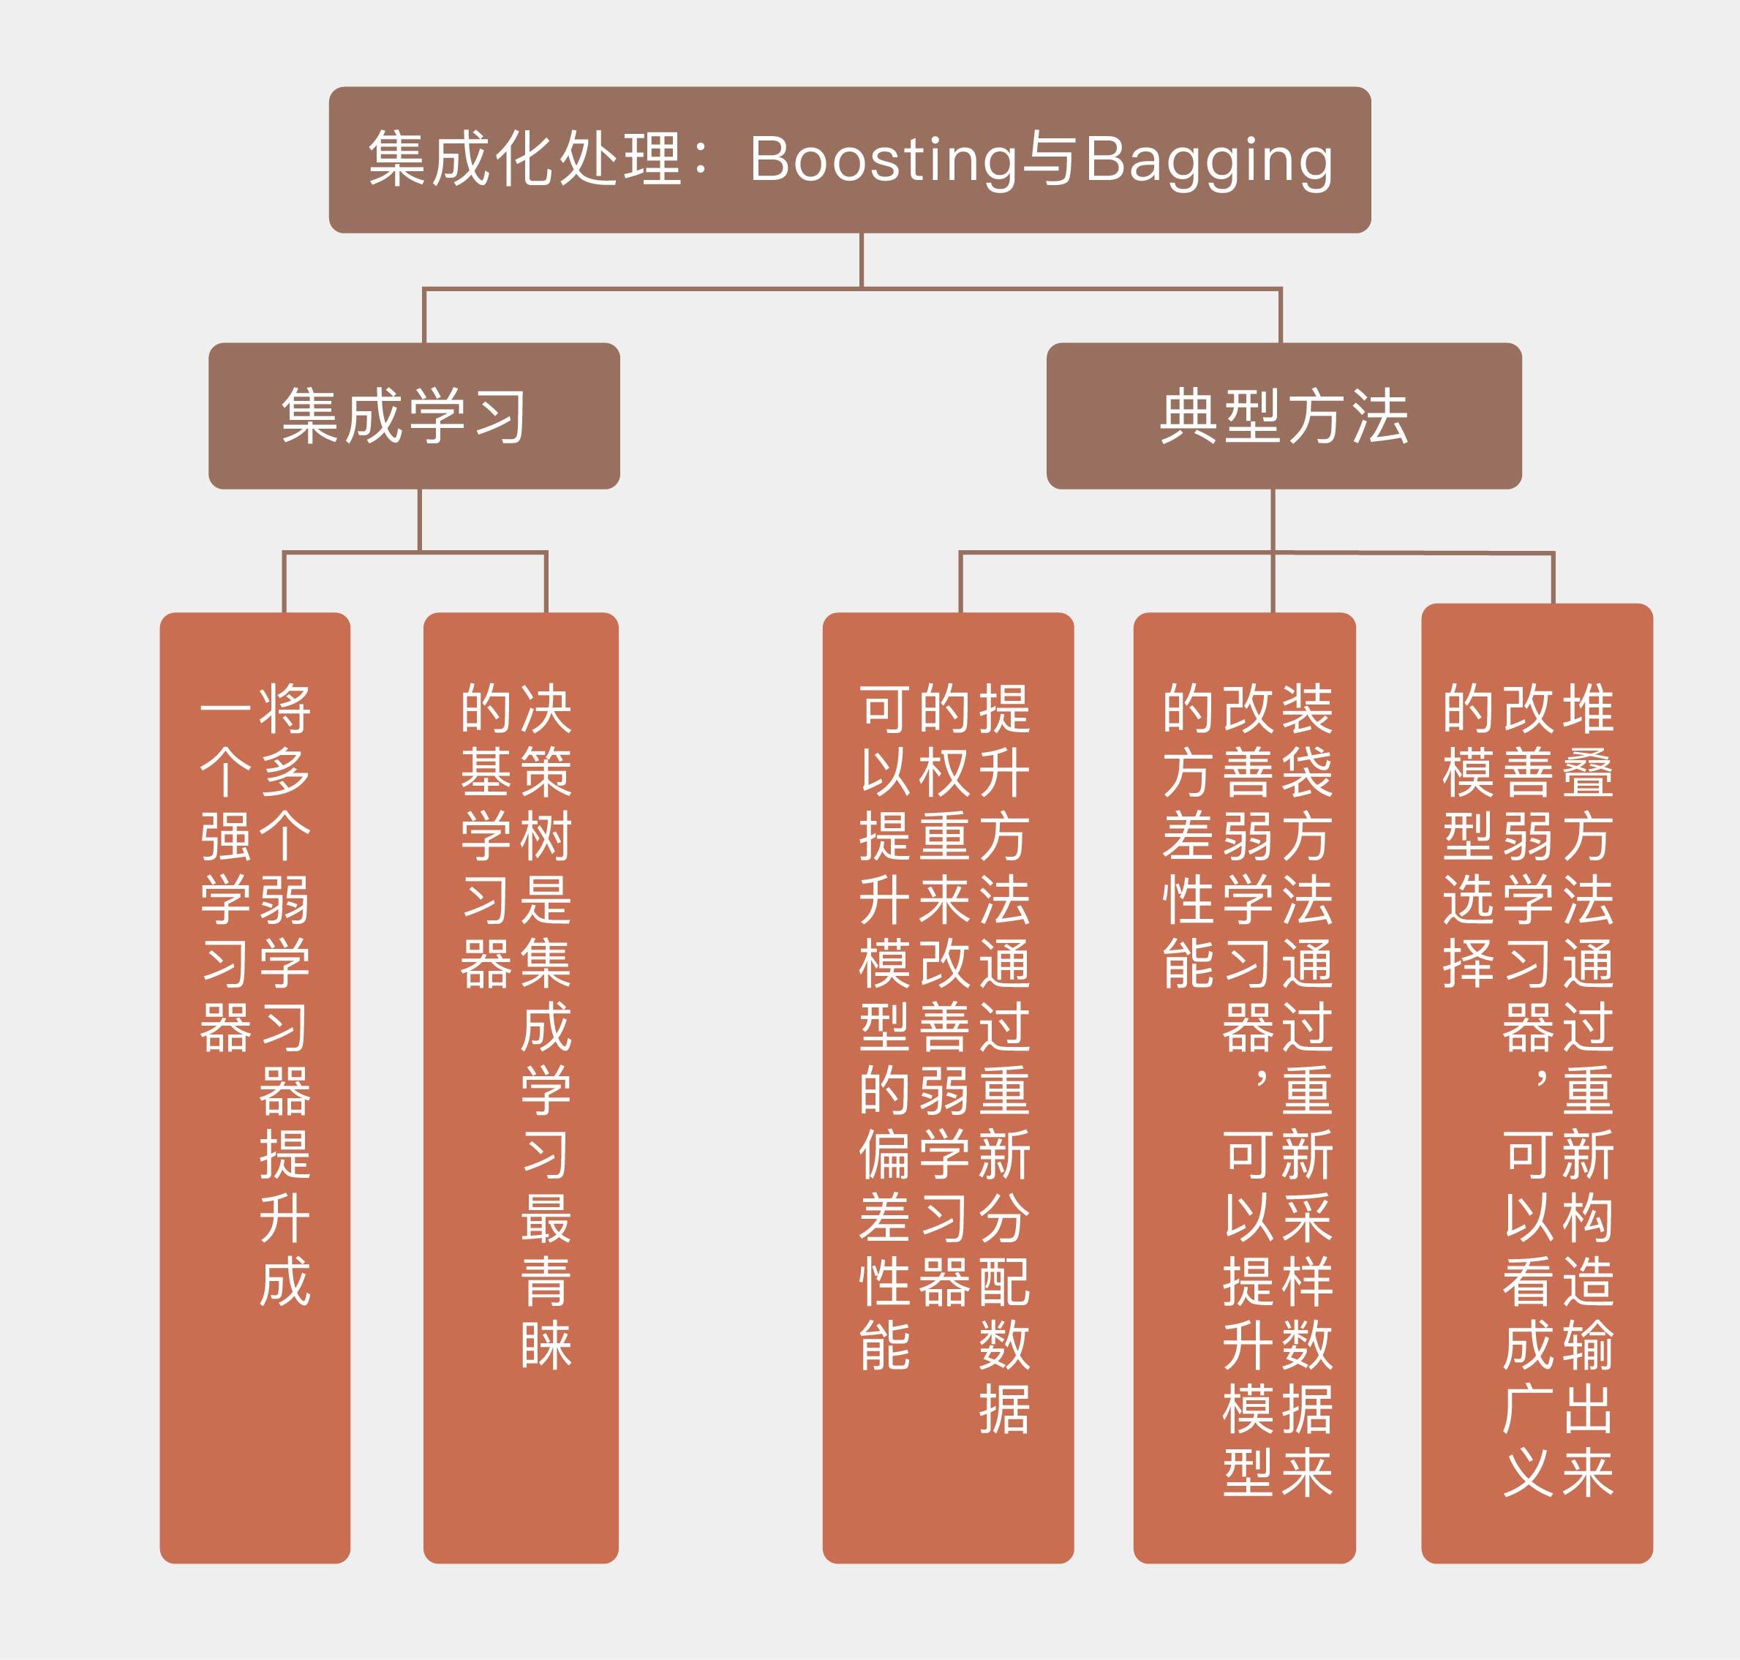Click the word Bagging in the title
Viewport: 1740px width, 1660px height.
pyautogui.click(x=1208, y=160)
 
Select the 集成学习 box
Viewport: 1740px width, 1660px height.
pyautogui.click(x=414, y=416)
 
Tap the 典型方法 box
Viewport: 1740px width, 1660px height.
pyautogui.click(x=1284, y=416)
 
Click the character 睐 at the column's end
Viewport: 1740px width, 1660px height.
pyautogui.click(x=546, y=1346)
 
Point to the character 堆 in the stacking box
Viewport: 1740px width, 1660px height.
pyautogui.click(x=1588, y=709)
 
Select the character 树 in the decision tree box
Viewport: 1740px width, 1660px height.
pyautogui.click(x=546, y=836)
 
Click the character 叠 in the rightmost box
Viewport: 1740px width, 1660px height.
pyautogui.click(x=1588, y=773)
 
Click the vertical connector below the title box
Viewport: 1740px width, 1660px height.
pyautogui.click(x=861, y=260)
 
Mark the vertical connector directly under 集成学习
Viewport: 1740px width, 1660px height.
pyautogui.click(x=419, y=520)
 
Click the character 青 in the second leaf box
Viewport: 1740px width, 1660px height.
pyautogui.click(x=546, y=1282)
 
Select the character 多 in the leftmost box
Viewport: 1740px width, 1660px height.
pyautogui.click(x=285, y=773)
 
